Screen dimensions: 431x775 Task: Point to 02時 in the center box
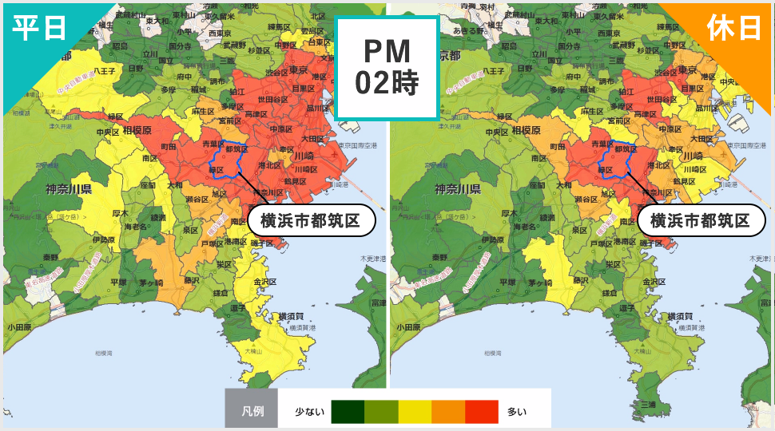coord(387,83)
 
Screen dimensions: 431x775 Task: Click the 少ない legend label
coord(310,412)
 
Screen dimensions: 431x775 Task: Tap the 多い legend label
coord(517,412)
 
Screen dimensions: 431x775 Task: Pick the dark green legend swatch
coord(348,412)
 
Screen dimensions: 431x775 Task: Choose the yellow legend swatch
coord(415,412)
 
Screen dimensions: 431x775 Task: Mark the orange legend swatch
coord(448,412)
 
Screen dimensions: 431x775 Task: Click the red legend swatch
coord(482,412)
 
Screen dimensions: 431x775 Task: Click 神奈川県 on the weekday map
coord(70,189)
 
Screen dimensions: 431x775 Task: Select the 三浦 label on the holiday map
coord(648,405)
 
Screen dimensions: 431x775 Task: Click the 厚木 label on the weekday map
coord(121,213)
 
